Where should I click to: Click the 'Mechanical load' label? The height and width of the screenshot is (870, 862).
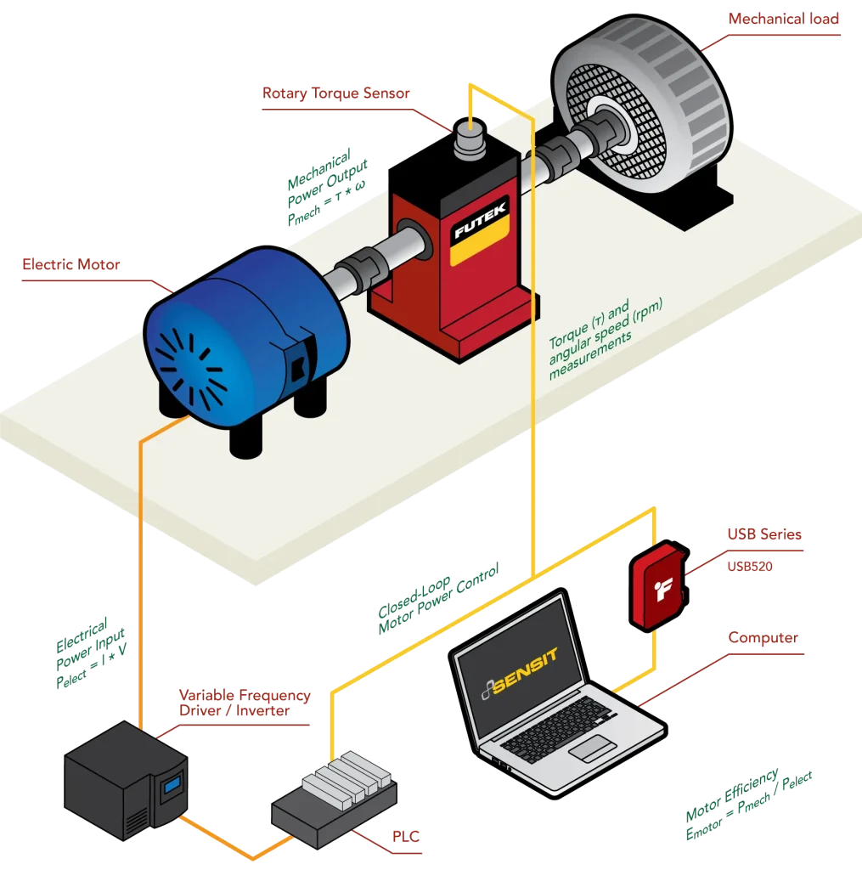coord(783,19)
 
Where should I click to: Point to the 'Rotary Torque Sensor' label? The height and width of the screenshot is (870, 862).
coord(336,93)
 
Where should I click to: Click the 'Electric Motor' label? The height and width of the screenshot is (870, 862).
coord(71,265)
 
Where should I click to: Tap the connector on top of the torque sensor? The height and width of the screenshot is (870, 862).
coord(469,135)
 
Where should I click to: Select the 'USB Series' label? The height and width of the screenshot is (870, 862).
coord(763,534)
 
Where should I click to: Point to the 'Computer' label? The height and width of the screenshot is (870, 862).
coord(762,638)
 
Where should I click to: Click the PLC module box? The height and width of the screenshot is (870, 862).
coord(334,804)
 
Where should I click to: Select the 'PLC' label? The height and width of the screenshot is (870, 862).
coord(405,838)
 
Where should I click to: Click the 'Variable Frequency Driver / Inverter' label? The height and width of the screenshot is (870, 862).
coord(244,703)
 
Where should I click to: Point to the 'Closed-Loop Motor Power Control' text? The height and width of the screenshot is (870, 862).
coord(440,597)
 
